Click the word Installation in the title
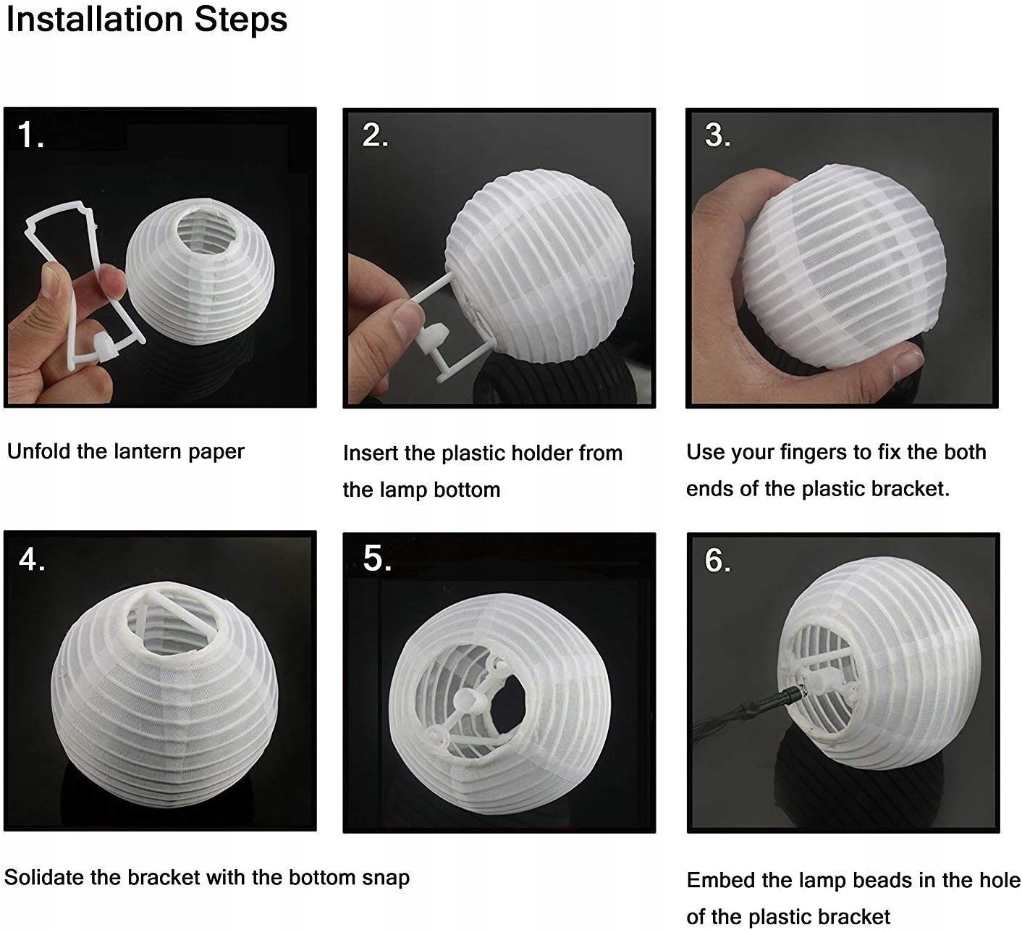point(95,20)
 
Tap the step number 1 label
point(30,135)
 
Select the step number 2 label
point(375,135)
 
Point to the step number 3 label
point(718,135)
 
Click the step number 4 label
point(32,560)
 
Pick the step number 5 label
point(377,558)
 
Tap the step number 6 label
point(718,560)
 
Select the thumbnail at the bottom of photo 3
point(908,364)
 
